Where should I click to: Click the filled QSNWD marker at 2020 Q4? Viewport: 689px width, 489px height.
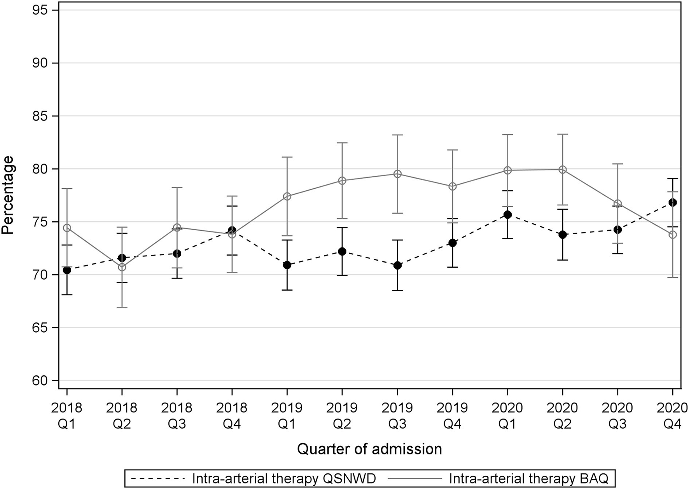coord(672,202)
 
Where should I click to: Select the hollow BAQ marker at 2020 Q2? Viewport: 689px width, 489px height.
coord(562,170)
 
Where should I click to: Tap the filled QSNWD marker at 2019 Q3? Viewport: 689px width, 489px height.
coord(397,265)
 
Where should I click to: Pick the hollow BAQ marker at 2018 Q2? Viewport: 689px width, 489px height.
coord(122,267)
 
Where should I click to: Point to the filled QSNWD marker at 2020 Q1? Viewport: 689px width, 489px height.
coord(507,214)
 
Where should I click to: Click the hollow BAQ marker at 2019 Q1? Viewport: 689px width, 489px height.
coord(287,196)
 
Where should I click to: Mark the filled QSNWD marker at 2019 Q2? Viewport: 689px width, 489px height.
coord(342,252)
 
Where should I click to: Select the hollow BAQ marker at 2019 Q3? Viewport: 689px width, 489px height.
coord(397,174)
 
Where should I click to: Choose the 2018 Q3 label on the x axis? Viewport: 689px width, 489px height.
coord(177,415)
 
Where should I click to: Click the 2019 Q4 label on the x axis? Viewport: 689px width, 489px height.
coord(452,415)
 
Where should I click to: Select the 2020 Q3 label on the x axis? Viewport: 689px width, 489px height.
coord(617,415)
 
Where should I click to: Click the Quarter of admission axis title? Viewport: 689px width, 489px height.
coord(369,449)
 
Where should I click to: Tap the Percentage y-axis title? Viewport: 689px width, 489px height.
coord(8,195)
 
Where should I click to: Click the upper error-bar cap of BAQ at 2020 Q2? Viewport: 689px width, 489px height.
coord(562,134)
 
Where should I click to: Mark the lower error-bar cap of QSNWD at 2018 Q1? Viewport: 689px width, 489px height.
coord(67,295)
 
